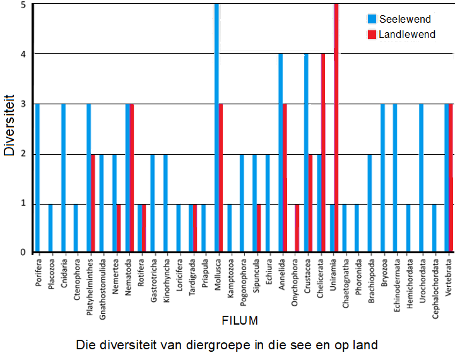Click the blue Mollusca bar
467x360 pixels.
pos(216,126)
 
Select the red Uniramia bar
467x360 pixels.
pos(336,126)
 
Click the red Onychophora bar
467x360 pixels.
pos(297,228)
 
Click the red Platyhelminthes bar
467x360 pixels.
pos(93,203)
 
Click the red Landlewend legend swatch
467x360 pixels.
pos(371,34)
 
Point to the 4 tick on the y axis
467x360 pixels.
pos(24,54)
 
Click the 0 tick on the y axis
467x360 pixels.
pos(24,253)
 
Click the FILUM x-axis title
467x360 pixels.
pos(240,321)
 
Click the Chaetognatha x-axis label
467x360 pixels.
pos(345,280)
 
